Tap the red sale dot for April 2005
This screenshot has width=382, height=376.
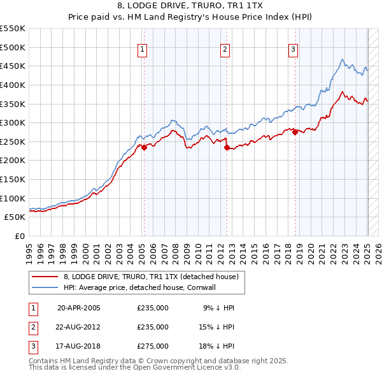[144, 147]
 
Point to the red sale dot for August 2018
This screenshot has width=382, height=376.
[295, 133]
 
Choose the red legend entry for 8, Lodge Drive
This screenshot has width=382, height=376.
[150, 277]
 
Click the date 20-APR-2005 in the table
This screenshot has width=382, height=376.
[78, 307]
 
